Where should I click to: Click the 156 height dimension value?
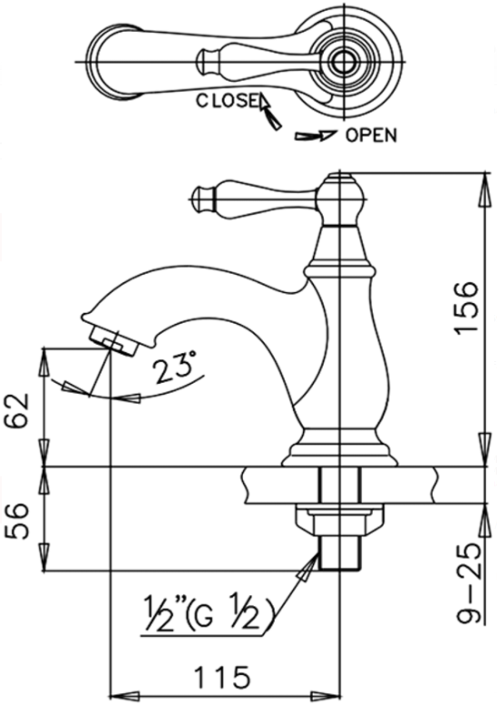[465, 308]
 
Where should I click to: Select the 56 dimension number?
[18, 521]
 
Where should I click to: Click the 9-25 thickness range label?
[468, 583]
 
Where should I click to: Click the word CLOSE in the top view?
[228, 101]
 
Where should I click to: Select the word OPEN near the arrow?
[371, 135]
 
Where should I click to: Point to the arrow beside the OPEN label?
[316, 135]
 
